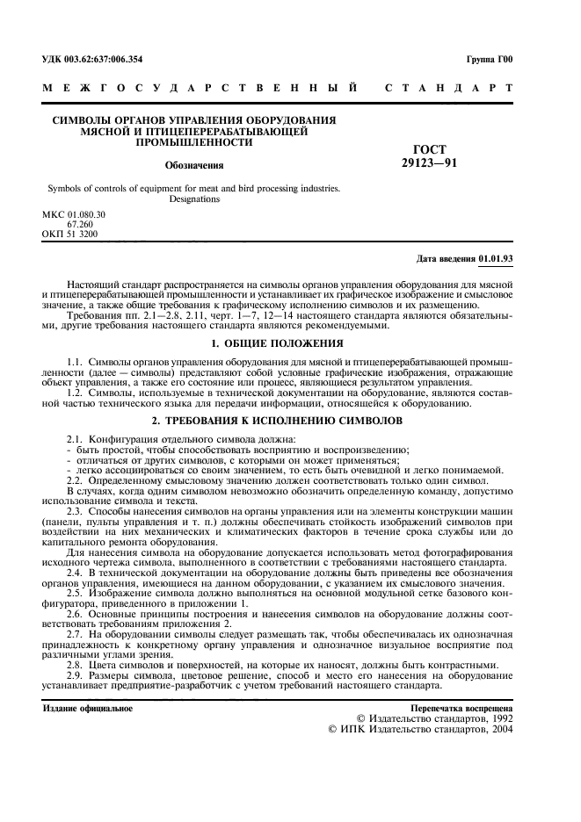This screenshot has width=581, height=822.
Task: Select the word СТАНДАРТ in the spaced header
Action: tap(448, 89)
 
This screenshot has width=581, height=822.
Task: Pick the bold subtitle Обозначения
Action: tap(194, 164)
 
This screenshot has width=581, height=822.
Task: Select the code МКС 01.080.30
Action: tap(74, 215)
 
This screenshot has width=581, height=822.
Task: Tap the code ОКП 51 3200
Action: tap(70, 234)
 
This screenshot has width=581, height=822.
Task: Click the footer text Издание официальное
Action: tap(88, 708)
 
